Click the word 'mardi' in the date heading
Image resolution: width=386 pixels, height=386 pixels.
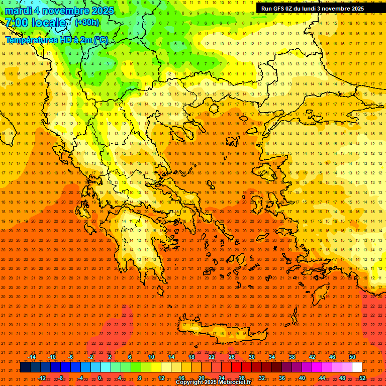click(x=19, y=11)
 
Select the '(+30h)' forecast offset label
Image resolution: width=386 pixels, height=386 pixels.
click(x=87, y=23)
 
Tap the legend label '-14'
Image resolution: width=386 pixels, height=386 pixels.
click(x=32, y=357)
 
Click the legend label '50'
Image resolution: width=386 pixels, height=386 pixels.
click(x=352, y=357)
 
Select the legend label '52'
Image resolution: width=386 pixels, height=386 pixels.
click(x=362, y=377)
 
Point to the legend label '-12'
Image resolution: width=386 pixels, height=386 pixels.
click(x=42, y=377)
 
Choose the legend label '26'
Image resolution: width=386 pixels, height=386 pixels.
click(x=232, y=357)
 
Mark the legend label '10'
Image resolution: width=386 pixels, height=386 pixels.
click(x=151, y=357)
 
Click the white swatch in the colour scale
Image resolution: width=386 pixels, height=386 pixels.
click(x=357, y=367)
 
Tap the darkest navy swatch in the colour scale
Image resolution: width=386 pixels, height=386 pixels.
click(x=25, y=367)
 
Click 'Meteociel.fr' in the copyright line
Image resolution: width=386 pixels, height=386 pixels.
click(x=235, y=382)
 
